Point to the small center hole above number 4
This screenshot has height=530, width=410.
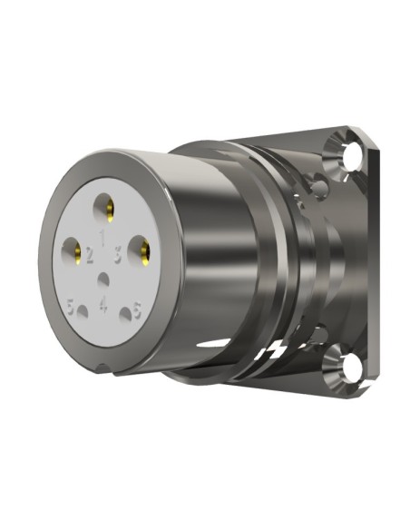coord(106,280)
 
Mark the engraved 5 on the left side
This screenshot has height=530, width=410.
coord(69,307)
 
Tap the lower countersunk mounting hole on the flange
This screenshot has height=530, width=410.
coord(348,368)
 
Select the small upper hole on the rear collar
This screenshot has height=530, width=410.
coord(319,189)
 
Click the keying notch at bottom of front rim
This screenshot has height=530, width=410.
coord(107,368)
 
